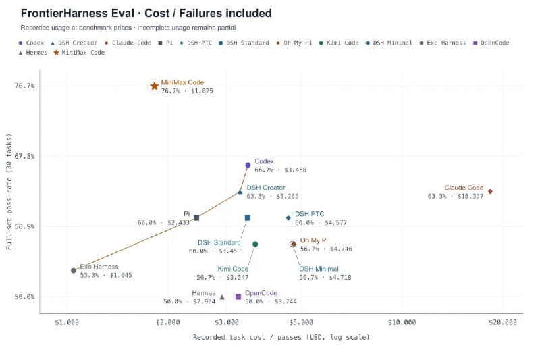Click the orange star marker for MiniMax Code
point(155,86)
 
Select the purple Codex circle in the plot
point(248,165)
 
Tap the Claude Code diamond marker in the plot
point(490,192)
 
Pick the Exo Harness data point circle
point(74,270)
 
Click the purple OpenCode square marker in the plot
point(238,297)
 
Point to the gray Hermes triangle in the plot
point(222,297)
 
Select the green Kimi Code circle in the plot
point(255,245)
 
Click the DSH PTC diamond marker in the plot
point(288,217)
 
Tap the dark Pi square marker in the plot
point(196,217)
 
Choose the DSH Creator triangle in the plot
point(240,192)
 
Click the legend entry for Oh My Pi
point(294,43)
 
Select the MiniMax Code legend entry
point(79,53)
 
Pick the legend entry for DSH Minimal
point(389,43)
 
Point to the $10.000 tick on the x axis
point(402,322)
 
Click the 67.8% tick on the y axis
point(24,156)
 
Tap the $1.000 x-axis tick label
point(66,322)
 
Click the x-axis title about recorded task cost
point(281,337)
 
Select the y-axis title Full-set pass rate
point(9,191)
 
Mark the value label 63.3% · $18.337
point(455,196)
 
